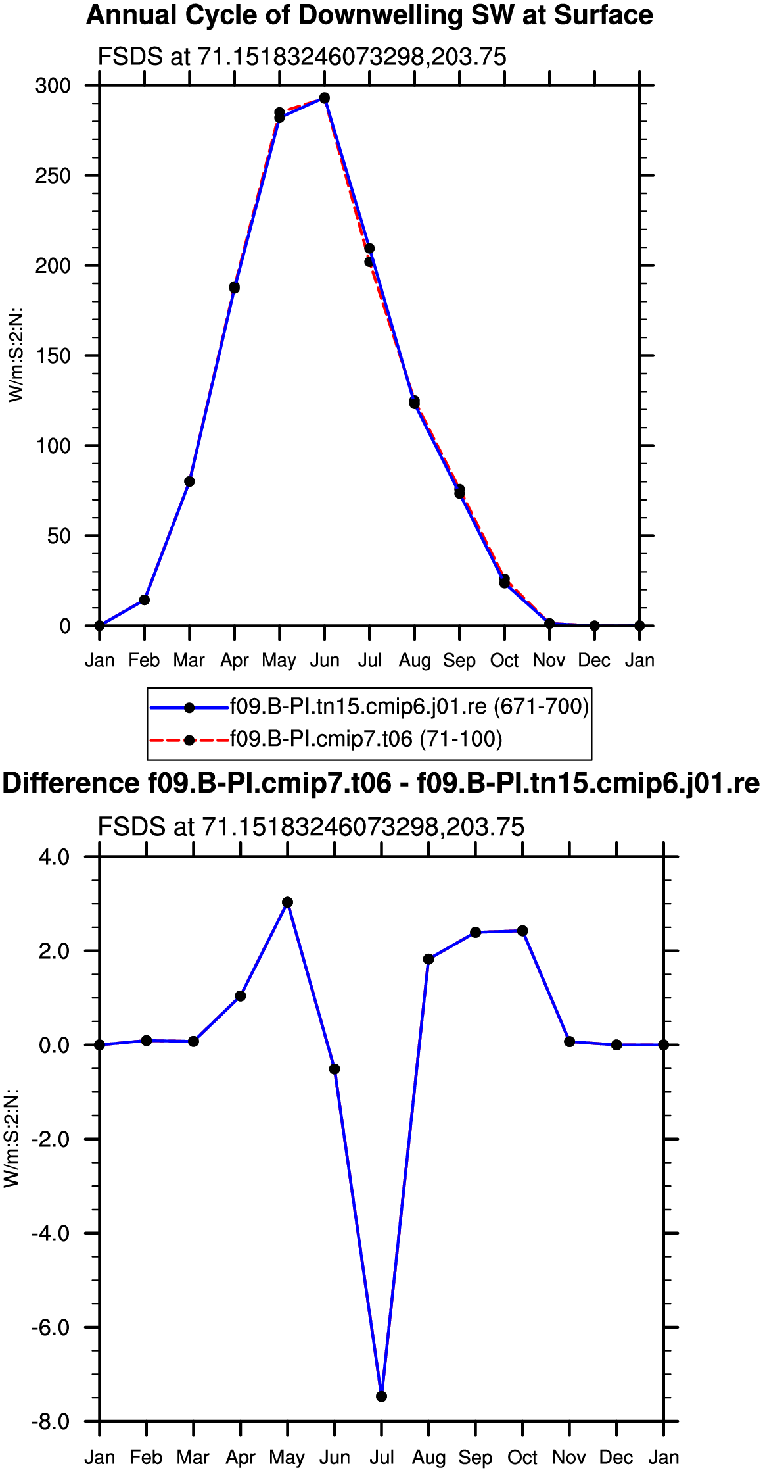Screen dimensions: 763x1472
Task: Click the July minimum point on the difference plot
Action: [x=381, y=1396]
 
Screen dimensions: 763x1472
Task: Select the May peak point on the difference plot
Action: [x=287, y=902]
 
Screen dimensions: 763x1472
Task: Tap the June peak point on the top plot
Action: [x=325, y=98]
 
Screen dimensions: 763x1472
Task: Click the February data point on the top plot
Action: [x=145, y=600]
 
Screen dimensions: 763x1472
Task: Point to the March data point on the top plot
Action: [x=189, y=481]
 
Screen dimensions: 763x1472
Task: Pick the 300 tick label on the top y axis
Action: [x=53, y=86]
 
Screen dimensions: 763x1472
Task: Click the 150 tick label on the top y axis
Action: [x=53, y=356]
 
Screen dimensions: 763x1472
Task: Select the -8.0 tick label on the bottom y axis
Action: [x=51, y=1421]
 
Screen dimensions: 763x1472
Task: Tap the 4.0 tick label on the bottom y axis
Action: [x=54, y=857]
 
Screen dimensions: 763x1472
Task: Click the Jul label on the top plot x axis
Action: [x=369, y=660]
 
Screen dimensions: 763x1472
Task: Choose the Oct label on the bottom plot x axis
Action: [x=522, y=1457]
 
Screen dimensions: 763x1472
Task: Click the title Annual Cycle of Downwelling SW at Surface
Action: [x=370, y=15]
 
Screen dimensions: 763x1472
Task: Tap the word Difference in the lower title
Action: [x=71, y=783]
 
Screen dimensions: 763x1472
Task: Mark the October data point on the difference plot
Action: [x=522, y=931]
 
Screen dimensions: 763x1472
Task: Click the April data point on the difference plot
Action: [x=241, y=996]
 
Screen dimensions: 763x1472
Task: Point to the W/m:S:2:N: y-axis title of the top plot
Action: [x=16, y=355]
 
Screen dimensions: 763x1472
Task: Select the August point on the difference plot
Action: [x=428, y=959]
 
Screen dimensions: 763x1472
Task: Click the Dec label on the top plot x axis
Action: [x=594, y=660]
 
